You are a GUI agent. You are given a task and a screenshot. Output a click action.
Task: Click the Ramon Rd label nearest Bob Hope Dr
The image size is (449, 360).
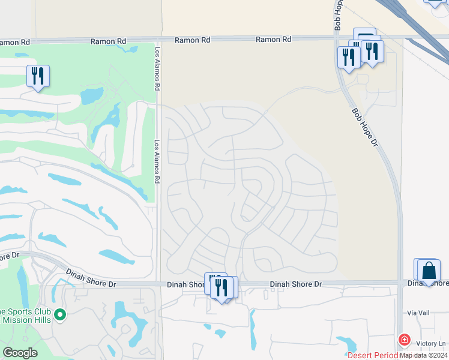click(273, 39)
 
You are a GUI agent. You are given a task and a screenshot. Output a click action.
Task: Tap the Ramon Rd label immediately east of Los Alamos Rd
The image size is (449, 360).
click(193, 40)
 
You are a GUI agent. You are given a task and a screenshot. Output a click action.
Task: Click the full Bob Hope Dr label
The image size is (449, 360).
click(365, 128)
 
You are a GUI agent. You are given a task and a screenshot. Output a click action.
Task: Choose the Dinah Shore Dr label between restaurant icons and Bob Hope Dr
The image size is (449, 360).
click(295, 284)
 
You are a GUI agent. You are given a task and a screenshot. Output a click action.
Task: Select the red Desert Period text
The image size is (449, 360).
click(373, 355)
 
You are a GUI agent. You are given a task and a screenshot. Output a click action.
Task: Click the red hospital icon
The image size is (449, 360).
click(405, 340)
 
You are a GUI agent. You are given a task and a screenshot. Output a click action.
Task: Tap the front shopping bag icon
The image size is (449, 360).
click(430, 271)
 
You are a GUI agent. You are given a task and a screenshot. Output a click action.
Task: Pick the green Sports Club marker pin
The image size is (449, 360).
click(60, 314)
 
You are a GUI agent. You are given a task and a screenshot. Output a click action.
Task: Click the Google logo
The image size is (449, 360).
click(20, 353)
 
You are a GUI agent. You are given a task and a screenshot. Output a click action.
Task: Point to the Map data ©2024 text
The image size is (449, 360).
click(423, 355)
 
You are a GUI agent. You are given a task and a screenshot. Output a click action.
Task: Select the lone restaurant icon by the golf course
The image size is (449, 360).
click(38, 76)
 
